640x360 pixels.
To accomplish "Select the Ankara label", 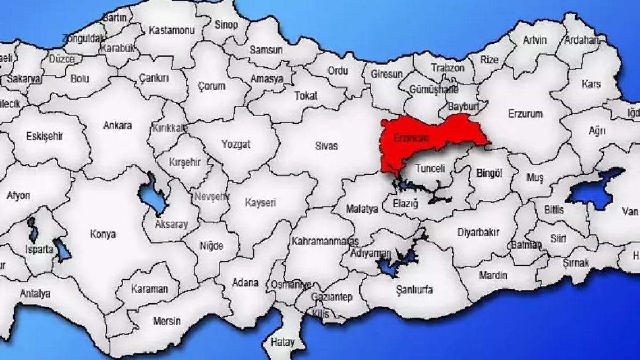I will point(117,126).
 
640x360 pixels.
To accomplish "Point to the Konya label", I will point(103,234).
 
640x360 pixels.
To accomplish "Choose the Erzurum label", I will point(525,114).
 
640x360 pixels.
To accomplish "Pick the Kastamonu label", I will point(172,30).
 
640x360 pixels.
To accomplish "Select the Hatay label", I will point(282,341).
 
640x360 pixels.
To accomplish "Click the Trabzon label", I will point(448,68).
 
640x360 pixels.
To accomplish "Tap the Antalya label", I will point(35,293).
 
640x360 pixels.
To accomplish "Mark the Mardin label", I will point(493,276).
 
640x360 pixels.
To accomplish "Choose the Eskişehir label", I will point(45,136).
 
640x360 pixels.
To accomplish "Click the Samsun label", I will point(266,50).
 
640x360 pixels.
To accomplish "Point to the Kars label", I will point(591,84).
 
